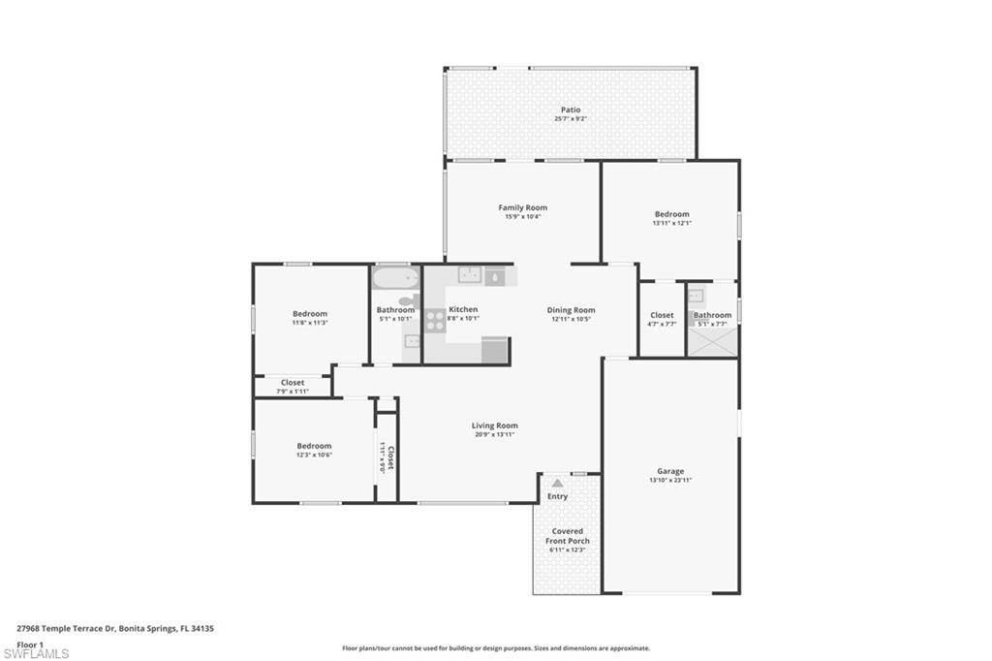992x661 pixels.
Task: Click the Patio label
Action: pyautogui.click(x=571, y=110)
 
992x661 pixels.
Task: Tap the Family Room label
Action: pyautogui.click(x=522, y=207)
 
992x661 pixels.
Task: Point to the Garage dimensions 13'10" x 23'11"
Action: pyautogui.click(x=670, y=480)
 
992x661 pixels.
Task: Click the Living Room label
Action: pyautogui.click(x=494, y=425)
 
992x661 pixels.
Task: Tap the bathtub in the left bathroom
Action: pyautogui.click(x=395, y=278)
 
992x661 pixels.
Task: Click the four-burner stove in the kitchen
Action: pyautogui.click(x=435, y=321)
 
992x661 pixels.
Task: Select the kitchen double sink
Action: pyautogui.click(x=471, y=275)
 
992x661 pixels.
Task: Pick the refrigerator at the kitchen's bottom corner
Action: pyautogui.click(x=495, y=350)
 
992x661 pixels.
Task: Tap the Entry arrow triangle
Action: pyautogui.click(x=557, y=482)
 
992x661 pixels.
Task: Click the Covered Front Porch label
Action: pyautogui.click(x=568, y=536)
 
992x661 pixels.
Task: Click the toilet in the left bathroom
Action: pyautogui.click(x=409, y=302)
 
